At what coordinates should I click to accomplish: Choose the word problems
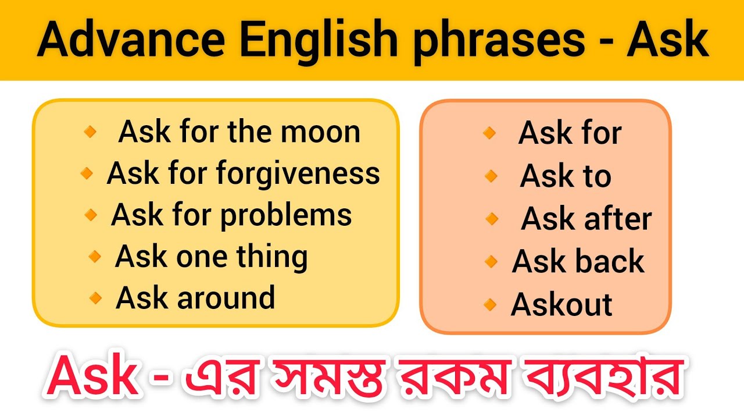point(286,215)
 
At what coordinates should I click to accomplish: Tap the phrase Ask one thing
point(212,257)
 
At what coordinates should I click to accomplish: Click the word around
point(227,298)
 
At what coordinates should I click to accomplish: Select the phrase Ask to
point(566,176)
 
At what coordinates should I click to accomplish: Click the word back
point(611,262)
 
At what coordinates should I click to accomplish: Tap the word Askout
point(561,304)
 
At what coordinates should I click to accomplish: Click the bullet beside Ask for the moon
point(90,132)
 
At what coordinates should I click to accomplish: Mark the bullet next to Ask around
point(95,299)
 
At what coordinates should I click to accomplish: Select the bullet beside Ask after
point(492,219)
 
